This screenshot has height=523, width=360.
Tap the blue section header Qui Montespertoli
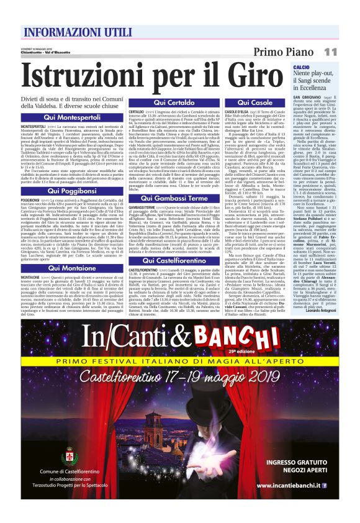point(72,117)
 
